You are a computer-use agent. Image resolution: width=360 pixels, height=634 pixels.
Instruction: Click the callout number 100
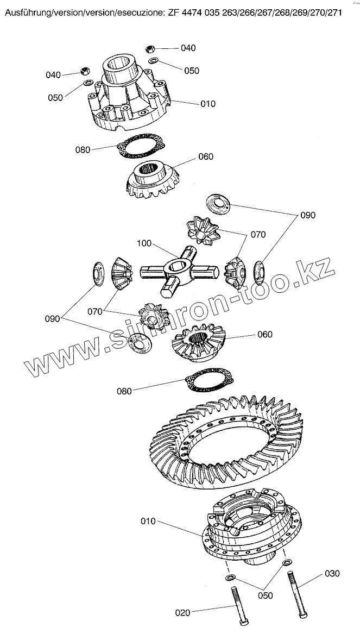tap(144, 243)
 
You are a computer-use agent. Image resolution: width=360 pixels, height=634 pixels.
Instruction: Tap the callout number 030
tap(332, 573)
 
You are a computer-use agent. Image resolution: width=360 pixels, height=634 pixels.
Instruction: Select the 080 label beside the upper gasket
tap(83, 150)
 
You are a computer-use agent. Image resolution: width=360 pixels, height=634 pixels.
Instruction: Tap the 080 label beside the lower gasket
tap(124, 391)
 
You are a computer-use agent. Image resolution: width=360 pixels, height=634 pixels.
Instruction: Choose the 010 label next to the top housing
tap(208, 104)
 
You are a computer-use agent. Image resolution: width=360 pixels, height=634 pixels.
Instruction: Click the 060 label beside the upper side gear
tap(206, 157)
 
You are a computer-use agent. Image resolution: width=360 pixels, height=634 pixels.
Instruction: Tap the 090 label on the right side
tap(307, 216)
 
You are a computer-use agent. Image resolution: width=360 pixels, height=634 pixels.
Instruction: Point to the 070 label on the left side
tap(96, 312)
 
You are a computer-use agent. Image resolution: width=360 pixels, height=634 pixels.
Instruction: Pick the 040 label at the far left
tap(53, 75)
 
